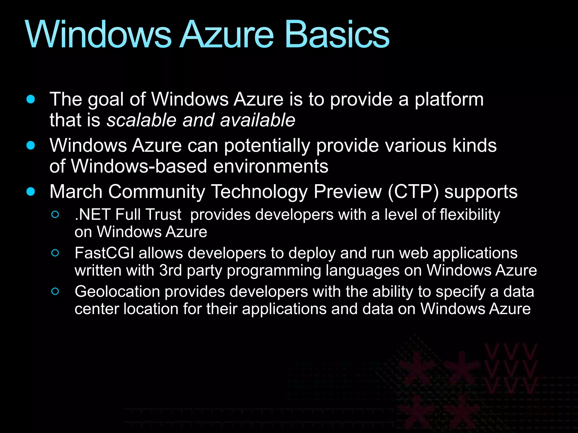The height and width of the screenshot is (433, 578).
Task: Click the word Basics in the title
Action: [337, 35]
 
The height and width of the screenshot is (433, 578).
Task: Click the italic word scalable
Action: [141, 120]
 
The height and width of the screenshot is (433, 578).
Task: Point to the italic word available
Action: [257, 120]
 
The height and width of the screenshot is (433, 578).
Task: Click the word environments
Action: [271, 166]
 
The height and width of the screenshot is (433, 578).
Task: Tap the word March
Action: [76, 192]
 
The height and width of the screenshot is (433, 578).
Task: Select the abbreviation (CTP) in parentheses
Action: [413, 192]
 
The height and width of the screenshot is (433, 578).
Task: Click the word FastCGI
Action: [104, 253]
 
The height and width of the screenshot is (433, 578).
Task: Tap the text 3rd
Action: [170, 270]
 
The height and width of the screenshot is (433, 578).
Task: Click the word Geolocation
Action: [117, 292]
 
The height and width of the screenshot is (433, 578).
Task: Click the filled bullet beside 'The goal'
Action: [30, 99]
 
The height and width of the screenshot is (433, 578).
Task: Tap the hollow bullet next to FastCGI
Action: [55, 253]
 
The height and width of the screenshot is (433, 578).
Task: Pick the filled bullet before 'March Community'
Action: [30, 191]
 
